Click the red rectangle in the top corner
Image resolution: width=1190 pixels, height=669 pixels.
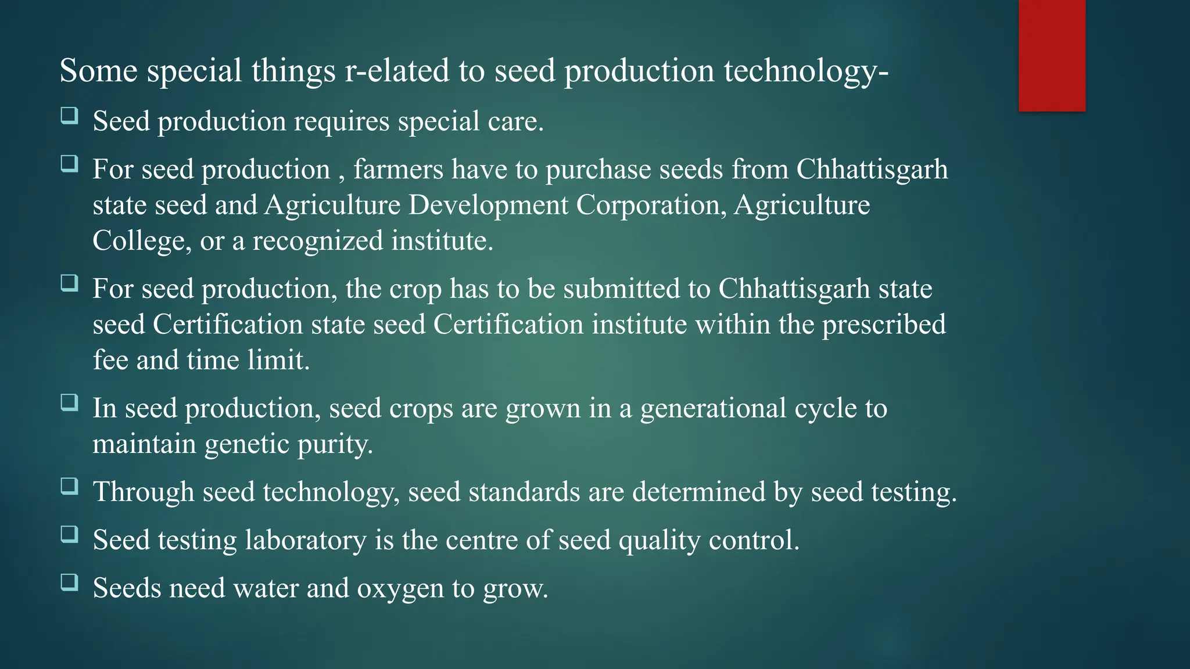(x=1052, y=56)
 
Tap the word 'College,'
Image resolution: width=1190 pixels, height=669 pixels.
(x=142, y=241)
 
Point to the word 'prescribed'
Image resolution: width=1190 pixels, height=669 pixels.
(x=883, y=325)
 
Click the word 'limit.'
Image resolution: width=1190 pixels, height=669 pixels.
(x=278, y=361)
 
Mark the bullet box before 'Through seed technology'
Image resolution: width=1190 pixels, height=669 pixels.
(x=70, y=486)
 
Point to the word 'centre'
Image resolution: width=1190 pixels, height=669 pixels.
(x=482, y=540)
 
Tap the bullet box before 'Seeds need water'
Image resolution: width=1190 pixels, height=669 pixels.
(x=70, y=582)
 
